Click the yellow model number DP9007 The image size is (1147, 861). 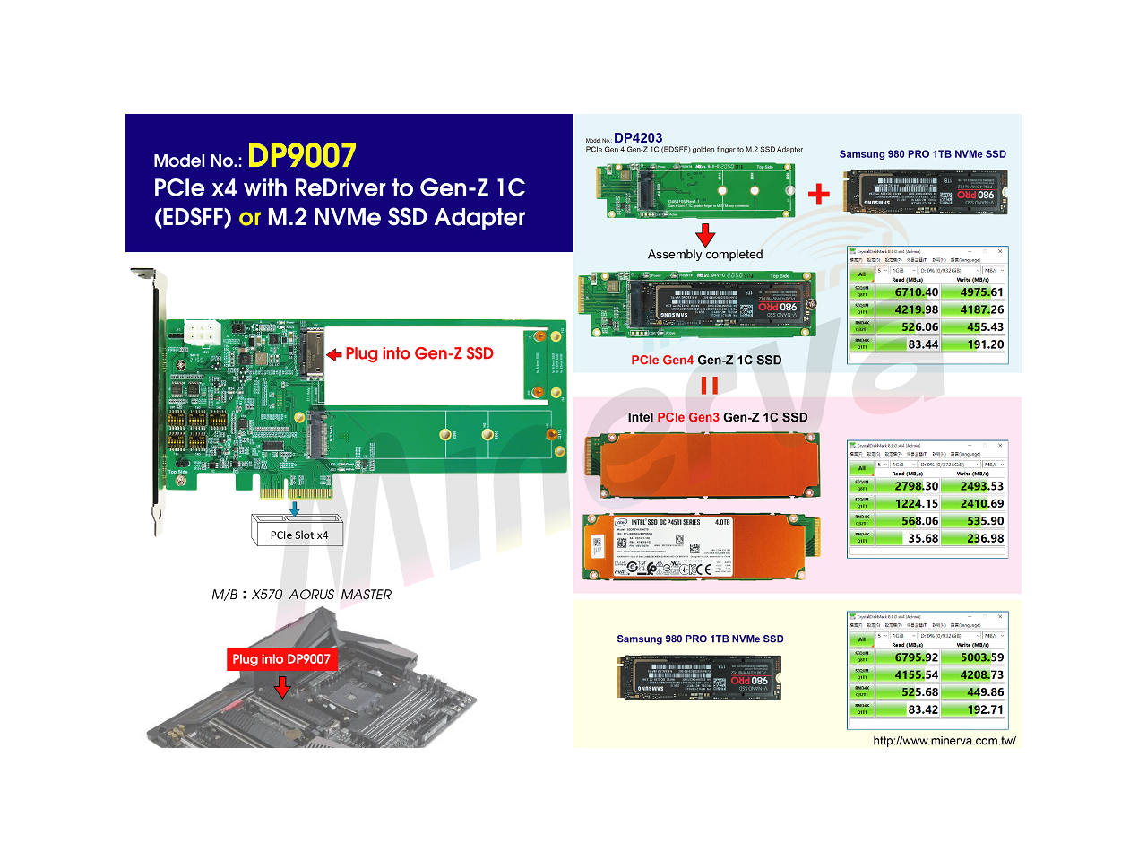pos(302,156)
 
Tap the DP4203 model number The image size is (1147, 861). pos(638,138)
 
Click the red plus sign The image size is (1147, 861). pos(818,194)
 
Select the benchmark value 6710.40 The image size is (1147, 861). pos(916,292)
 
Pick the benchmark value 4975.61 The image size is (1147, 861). pos(981,292)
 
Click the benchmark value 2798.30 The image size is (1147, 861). pos(916,486)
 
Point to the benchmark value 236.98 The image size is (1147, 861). pos(985,538)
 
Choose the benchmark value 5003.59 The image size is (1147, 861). pos(981,657)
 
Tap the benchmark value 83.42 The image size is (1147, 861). pos(923,709)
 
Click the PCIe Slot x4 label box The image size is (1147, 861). pos(298,535)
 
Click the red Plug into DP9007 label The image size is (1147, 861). pos(281,659)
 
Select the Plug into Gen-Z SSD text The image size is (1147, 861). pos(418,353)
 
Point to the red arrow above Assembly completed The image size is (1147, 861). pos(705,235)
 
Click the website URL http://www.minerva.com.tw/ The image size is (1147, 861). pos(944,740)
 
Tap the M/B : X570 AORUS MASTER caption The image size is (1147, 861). pos(301,595)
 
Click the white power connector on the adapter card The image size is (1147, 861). pos(203,334)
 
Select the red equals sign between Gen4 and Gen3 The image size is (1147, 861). pos(709,385)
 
